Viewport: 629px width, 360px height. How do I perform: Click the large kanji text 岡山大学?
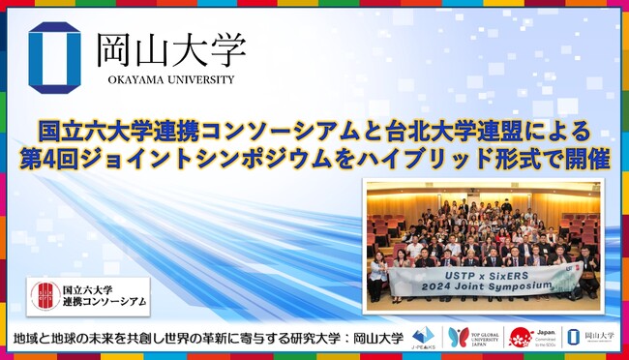click(169, 49)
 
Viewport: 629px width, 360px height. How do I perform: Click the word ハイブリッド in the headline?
click(425, 158)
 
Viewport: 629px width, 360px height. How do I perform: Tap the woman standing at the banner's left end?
click(377, 275)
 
